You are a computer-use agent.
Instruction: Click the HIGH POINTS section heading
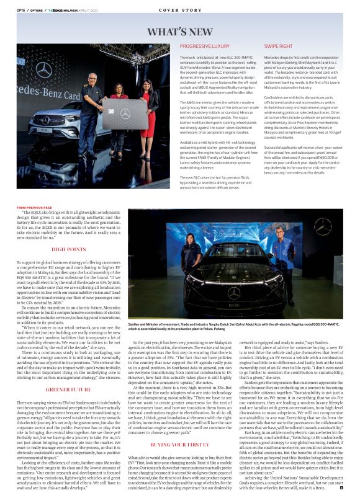coord(68,249)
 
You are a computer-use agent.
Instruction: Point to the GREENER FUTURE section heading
coord(68,390)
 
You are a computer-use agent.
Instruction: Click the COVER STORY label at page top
coord(180,11)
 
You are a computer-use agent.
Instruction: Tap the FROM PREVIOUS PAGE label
coord(34,208)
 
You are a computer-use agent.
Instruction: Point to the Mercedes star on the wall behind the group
coord(44,70)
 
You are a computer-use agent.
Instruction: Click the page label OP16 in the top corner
coord(20,11)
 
